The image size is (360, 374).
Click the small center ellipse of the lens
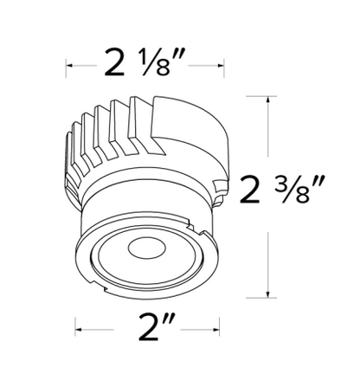tap(147, 248)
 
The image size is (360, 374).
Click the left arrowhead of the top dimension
tap(69, 66)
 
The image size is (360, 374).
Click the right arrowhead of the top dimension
tap(221, 66)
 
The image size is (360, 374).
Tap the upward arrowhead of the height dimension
tap(268, 100)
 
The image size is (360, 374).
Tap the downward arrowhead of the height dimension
tap(268, 293)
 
